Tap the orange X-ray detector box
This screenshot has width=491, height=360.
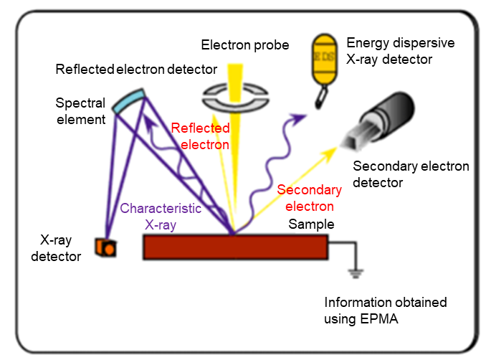tap(105, 247)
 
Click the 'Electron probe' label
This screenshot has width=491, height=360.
tap(245, 45)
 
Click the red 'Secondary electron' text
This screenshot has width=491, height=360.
tap(309, 198)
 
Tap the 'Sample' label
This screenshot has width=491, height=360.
tap(311, 224)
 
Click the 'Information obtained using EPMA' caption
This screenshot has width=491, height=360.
tap(385, 311)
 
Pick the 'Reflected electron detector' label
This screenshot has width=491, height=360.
tap(135, 69)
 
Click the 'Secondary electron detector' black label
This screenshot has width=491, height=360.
tap(411, 174)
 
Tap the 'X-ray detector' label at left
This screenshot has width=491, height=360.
tap(56, 248)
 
